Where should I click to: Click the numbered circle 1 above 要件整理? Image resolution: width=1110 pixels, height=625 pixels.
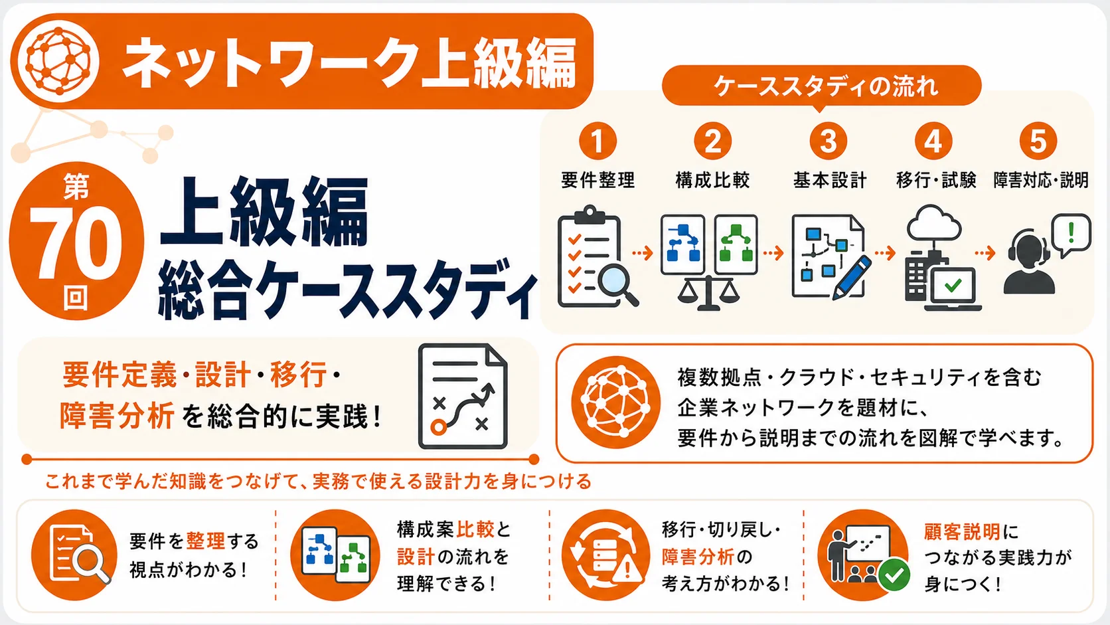(x=597, y=141)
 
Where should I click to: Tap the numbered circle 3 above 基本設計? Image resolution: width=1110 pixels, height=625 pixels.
(x=828, y=141)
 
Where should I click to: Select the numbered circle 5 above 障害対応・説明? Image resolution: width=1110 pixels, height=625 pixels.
(x=1038, y=141)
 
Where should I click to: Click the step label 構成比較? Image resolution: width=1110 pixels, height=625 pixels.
(x=712, y=180)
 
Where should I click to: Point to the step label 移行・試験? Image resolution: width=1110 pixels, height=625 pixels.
(x=935, y=180)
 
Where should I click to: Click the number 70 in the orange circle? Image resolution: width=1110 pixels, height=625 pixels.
(x=76, y=242)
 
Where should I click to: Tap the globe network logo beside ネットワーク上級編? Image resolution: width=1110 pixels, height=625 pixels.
(x=58, y=61)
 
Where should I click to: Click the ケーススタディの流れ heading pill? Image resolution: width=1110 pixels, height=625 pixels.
(x=822, y=86)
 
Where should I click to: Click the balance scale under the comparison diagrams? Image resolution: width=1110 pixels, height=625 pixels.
(x=708, y=292)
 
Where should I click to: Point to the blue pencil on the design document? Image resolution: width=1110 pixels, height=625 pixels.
(x=852, y=278)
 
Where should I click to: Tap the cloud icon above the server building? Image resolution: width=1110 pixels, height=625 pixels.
(x=934, y=223)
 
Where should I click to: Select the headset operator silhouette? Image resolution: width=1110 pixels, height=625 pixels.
(x=1029, y=262)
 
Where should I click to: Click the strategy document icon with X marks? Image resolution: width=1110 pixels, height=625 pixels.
(x=463, y=396)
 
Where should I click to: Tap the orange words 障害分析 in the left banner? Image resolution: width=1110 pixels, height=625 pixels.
(x=117, y=415)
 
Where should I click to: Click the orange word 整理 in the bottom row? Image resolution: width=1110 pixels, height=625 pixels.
(x=206, y=541)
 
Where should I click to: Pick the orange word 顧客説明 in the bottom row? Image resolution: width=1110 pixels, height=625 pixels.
(x=962, y=532)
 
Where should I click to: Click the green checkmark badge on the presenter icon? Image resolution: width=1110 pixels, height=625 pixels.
(x=894, y=575)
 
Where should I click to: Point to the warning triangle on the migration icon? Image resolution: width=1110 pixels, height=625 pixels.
(x=627, y=569)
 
